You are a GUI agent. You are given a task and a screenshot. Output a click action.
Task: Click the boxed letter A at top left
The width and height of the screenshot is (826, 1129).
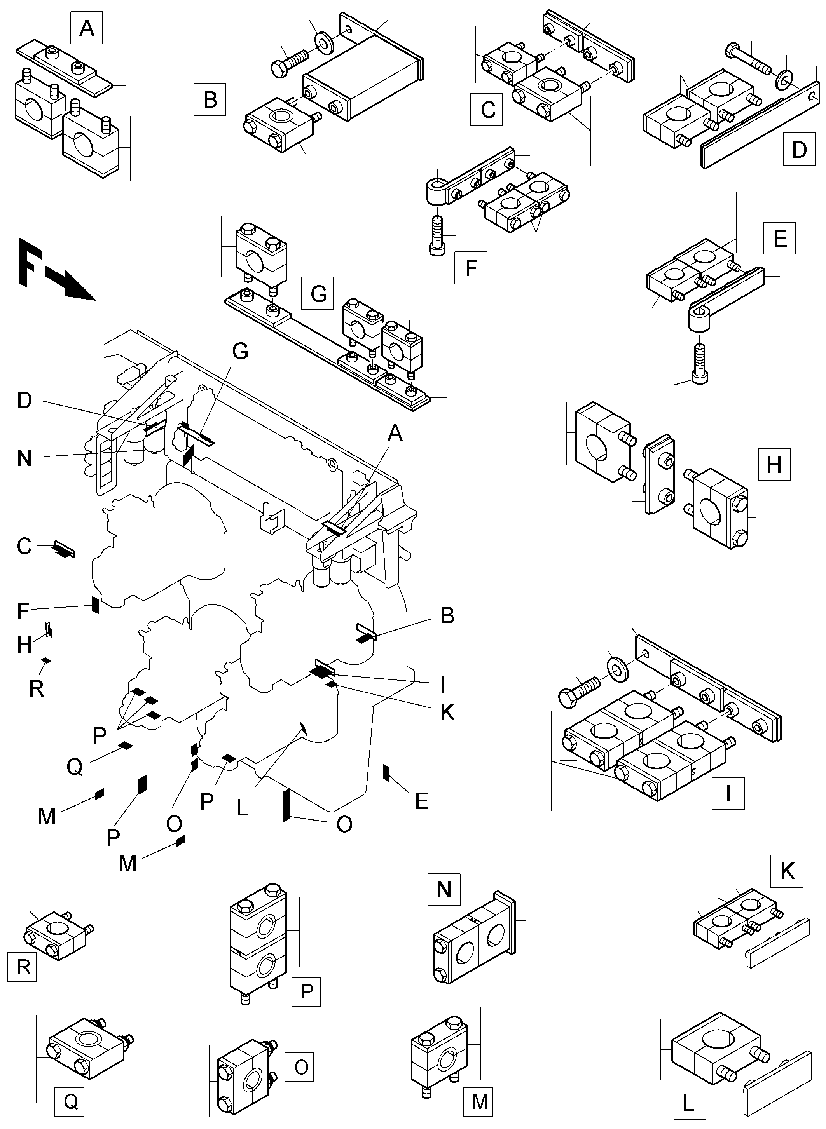pyautogui.click(x=87, y=28)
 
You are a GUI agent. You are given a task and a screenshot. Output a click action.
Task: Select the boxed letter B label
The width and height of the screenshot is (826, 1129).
pyautogui.click(x=210, y=99)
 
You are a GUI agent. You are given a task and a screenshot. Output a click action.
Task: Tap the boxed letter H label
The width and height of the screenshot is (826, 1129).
pyautogui.click(x=774, y=464)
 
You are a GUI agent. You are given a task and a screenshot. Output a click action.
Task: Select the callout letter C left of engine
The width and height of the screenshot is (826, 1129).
pyautogui.click(x=23, y=546)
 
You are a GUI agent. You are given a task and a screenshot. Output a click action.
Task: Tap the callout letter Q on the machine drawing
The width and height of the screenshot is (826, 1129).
pyautogui.click(x=75, y=766)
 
